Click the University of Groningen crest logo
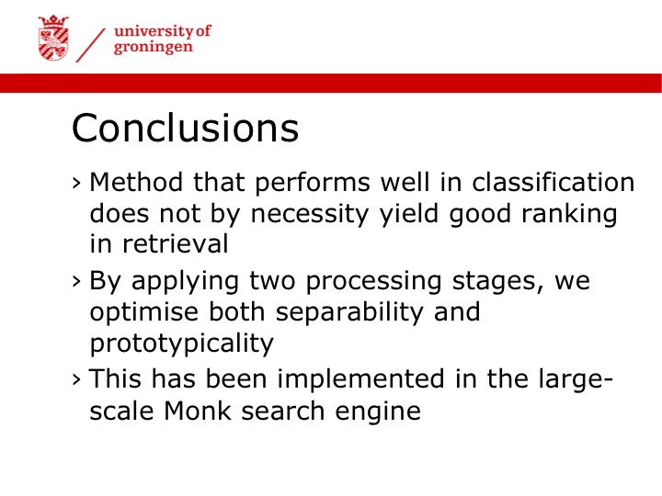coord(53,38)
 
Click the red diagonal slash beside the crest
coord(90,46)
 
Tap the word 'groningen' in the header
coord(154,47)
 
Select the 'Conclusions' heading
coord(186,128)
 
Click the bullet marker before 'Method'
coord(76,184)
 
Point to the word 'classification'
coord(554,182)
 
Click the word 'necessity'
coord(310,214)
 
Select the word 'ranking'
coord(569,214)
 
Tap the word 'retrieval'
coord(176,243)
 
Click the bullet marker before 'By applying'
coord(76,281)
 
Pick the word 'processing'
coord(373,281)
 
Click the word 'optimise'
coord(144,311)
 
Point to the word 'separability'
coord(349,312)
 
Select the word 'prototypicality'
coord(182,344)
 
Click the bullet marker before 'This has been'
coord(76,379)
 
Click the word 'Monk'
coord(198,411)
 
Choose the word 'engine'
coord(378,411)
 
